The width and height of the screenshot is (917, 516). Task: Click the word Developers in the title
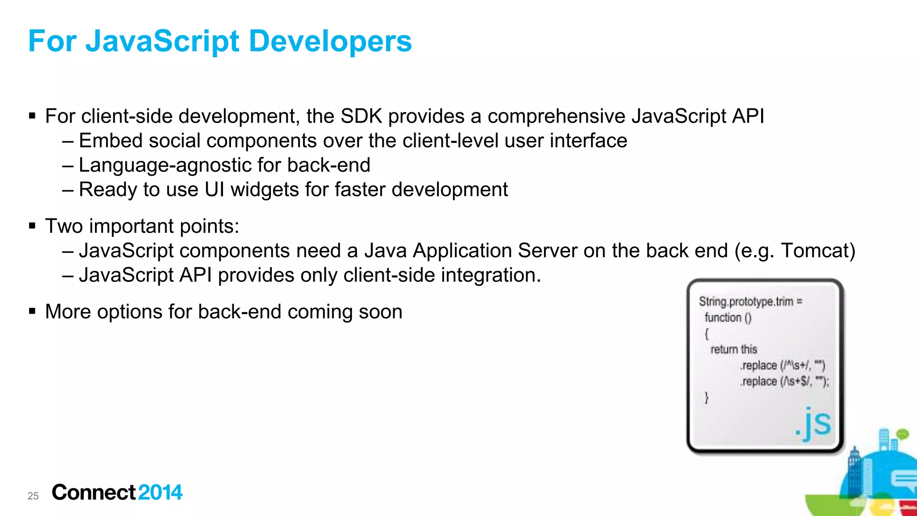tap(330, 41)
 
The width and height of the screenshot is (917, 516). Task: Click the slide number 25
tap(33, 496)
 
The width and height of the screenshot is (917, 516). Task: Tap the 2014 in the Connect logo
tap(160, 493)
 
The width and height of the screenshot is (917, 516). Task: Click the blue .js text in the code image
tap(813, 423)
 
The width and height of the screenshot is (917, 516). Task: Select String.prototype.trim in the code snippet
tap(746, 302)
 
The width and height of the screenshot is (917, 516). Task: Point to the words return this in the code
tap(733, 349)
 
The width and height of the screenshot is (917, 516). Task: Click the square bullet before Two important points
tap(32, 226)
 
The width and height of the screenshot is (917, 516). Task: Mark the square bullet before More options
tap(32, 311)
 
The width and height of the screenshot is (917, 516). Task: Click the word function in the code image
tap(723, 318)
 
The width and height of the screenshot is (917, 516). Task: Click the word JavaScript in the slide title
tap(163, 41)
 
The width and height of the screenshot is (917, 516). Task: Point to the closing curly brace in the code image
tap(707, 397)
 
